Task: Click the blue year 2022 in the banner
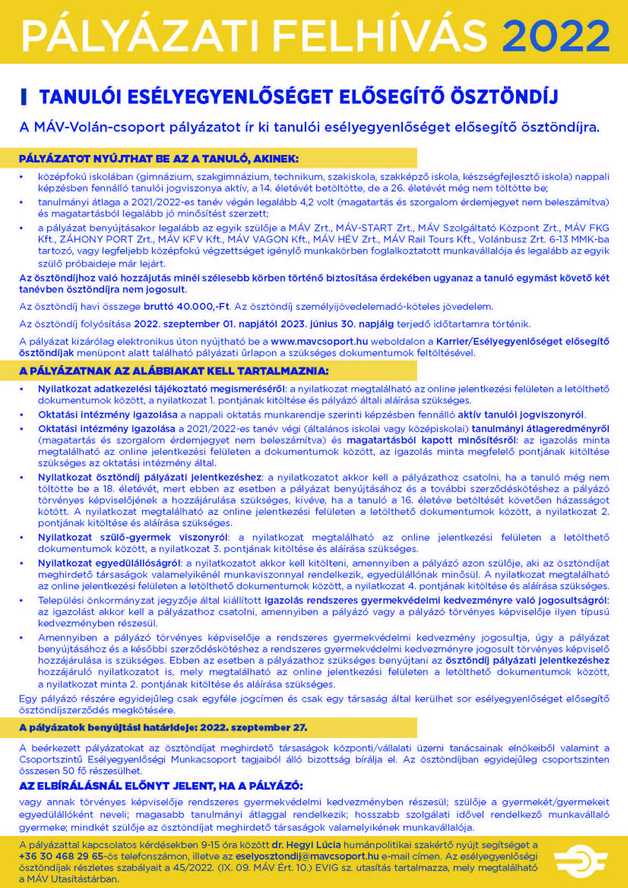pos(556,36)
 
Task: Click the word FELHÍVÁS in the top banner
pos(380,36)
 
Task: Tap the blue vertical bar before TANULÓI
pos(23,97)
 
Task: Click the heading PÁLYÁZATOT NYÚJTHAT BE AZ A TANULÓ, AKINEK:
pos(159,159)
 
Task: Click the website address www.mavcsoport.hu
pos(319,341)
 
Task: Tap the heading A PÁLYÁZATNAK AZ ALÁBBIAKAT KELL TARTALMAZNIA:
pos(174,371)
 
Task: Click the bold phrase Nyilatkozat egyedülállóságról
pos(109,563)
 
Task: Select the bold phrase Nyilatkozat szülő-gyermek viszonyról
pos(133,537)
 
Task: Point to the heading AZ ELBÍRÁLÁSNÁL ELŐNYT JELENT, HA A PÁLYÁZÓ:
pos(161,785)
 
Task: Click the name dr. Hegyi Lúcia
pos(306,845)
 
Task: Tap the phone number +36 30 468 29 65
pos(61,856)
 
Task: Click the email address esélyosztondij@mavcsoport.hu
pos(307,856)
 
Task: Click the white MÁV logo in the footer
pos(580,860)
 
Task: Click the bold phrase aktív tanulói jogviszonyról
pos(521,414)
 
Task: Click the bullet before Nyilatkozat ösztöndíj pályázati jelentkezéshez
pos(22,478)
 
